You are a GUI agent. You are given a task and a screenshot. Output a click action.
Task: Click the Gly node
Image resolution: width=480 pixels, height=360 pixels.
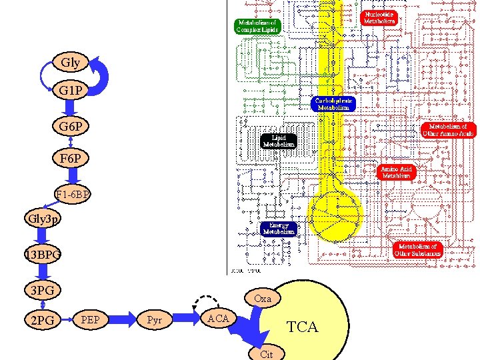coord(70,63)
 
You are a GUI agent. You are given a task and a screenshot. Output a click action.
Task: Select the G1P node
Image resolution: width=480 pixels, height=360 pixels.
coord(70,90)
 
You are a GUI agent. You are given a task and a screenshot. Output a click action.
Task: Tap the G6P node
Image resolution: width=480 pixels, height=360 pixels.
coord(70,126)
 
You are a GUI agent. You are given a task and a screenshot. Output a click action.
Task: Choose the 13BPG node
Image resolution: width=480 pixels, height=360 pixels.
coord(43,255)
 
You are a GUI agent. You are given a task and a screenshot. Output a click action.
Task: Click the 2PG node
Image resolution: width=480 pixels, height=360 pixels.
coord(43,321)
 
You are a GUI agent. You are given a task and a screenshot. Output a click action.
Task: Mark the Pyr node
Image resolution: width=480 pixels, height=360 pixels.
coord(154,320)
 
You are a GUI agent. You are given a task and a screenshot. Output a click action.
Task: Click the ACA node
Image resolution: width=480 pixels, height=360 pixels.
coord(219,318)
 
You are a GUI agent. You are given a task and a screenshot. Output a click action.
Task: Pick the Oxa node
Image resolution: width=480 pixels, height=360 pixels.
coord(263,299)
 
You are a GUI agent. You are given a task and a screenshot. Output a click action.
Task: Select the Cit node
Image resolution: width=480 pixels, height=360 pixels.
coord(266,354)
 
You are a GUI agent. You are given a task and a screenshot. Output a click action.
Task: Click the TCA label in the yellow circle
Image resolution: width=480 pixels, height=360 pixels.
coord(302,327)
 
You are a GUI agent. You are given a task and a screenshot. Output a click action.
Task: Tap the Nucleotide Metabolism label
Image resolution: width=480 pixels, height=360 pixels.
coord(379,18)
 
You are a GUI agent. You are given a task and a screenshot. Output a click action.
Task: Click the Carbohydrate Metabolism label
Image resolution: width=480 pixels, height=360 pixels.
coord(333,103)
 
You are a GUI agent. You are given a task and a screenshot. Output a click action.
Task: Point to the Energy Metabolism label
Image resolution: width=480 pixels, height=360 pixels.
coord(279,228)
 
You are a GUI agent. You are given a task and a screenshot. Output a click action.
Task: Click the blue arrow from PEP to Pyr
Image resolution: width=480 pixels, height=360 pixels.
coord(122,320)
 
